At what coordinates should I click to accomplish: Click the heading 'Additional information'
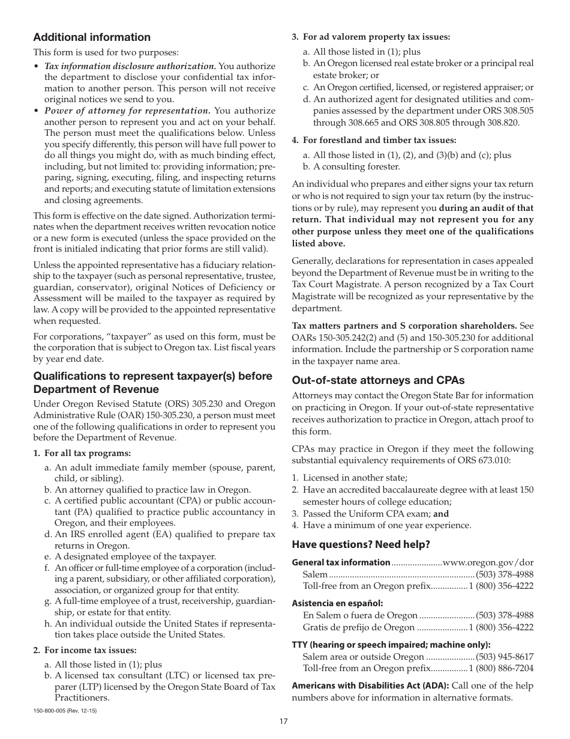pos(92,37)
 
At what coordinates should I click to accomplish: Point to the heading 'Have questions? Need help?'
pos(361,545)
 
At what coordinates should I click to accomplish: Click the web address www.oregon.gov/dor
pos(488,562)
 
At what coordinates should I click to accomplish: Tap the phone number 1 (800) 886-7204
pos(501,668)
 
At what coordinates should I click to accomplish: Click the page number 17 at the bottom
pos(284,722)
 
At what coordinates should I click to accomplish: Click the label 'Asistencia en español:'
pos(337,603)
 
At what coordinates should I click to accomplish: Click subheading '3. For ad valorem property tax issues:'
pos(371,37)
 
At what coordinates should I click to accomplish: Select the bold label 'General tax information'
pos(341,562)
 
